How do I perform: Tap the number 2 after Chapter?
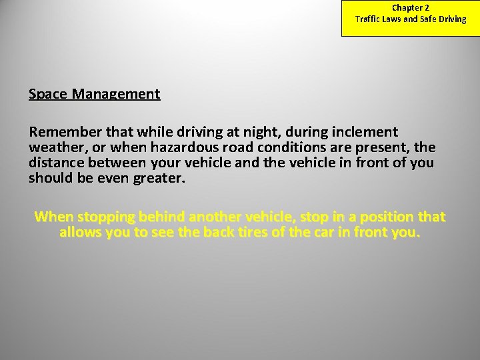[x=427, y=8]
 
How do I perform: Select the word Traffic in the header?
[x=368, y=19]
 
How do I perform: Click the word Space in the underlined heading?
[x=48, y=94]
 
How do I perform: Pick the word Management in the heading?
[x=117, y=94]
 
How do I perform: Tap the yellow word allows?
[x=80, y=233]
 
